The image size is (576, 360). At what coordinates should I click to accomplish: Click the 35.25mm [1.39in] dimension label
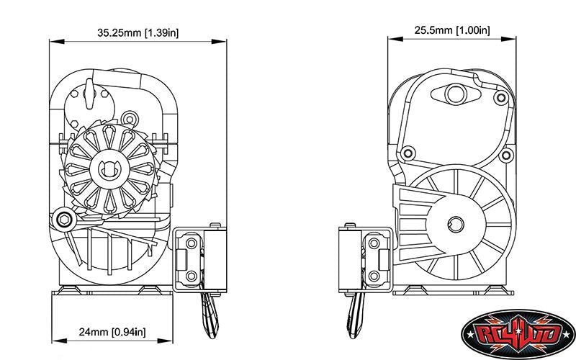(x=138, y=32)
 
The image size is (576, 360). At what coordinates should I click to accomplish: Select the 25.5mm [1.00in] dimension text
(x=453, y=30)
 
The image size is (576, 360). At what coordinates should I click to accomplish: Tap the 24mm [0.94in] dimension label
(x=112, y=332)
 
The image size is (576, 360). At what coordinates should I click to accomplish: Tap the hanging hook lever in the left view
(x=208, y=314)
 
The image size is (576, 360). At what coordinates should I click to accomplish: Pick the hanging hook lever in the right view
(x=356, y=314)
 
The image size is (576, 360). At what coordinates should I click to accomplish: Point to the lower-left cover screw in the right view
(x=408, y=153)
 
